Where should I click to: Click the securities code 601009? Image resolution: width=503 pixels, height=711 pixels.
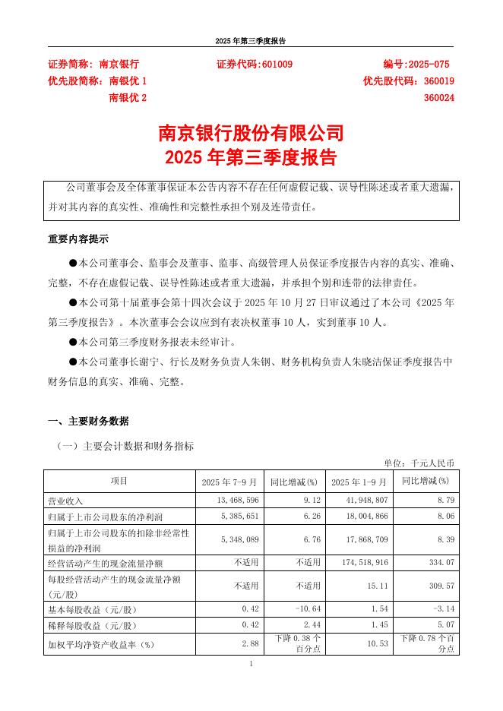(277, 65)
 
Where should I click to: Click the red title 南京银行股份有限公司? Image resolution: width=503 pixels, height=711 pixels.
(251, 133)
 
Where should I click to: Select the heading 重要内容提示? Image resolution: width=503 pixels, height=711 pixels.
(78, 239)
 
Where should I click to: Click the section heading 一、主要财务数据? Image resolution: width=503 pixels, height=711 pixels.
(88, 421)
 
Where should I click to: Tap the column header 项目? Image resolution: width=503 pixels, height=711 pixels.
(119, 482)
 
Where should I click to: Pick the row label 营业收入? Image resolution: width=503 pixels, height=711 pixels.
(65, 501)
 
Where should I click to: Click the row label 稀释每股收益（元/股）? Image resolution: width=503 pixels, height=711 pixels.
(91, 626)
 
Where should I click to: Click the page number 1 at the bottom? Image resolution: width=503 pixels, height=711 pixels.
(251, 665)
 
